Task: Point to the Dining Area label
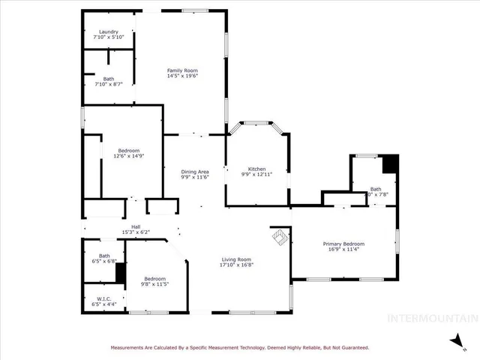pos(194,172)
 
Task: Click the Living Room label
pos(236,259)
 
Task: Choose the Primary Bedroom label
pos(343,244)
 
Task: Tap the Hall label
pos(136,226)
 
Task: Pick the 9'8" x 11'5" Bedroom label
pos(156,278)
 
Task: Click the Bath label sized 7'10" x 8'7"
pos(109,79)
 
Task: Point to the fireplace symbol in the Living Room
pos(280,237)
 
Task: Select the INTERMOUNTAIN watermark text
pos(430,318)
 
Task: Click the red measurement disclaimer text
pos(240,347)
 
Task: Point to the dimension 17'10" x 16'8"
pos(236,265)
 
